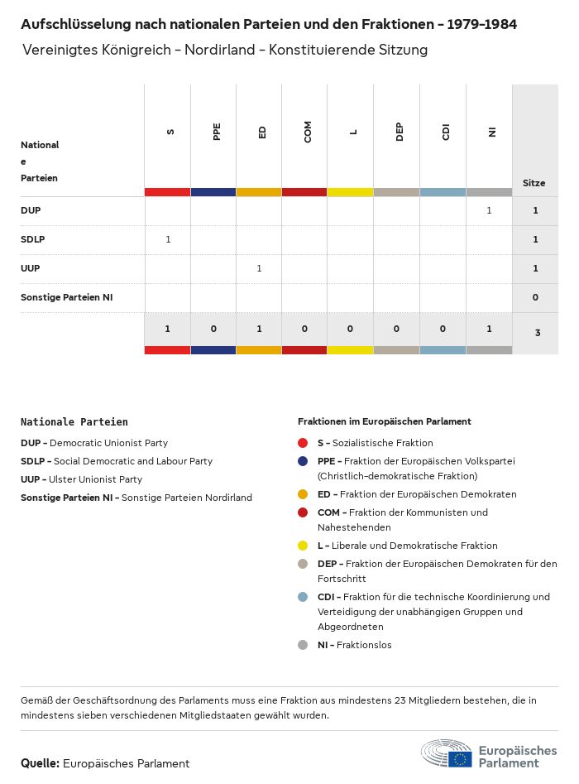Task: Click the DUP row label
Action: (31, 210)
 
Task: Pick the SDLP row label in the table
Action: (33, 239)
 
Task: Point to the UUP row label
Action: (31, 268)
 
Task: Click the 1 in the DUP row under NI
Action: (489, 210)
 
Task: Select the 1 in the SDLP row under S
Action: (168, 239)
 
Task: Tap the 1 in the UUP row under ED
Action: (259, 268)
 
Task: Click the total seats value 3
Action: (535, 333)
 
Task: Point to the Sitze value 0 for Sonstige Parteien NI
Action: (535, 297)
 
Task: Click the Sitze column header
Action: (534, 183)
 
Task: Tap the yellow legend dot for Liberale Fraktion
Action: (303, 546)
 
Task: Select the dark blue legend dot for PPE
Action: (303, 461)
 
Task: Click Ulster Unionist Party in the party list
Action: (95, 479)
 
